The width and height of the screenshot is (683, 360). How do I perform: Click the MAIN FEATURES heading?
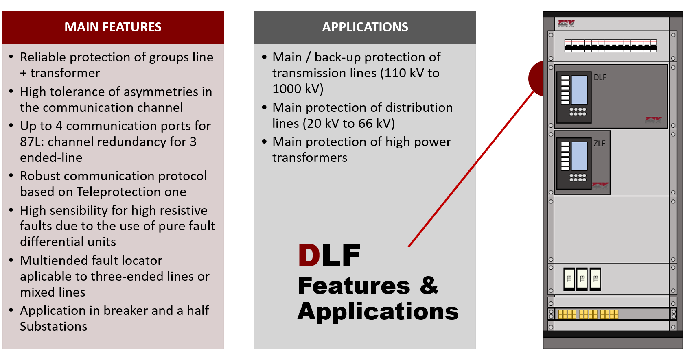113,27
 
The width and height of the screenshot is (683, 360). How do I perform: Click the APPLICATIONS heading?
365,27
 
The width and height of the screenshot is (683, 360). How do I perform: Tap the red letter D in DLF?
309,255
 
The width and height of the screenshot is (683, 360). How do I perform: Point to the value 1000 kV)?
298,89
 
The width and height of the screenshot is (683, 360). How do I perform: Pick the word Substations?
54,327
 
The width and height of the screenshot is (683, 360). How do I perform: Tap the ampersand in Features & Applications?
429,285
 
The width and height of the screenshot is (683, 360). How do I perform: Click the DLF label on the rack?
600,77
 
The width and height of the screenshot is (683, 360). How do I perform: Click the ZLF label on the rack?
600,143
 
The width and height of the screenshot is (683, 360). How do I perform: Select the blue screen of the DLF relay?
579,90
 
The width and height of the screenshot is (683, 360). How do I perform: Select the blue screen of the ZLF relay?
579,156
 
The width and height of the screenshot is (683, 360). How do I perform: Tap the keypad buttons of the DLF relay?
578,111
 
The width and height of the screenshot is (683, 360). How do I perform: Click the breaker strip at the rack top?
611,46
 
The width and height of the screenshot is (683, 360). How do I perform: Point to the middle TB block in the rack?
582,279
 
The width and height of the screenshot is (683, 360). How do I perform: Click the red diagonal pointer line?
471,169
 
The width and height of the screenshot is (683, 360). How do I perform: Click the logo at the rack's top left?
566,24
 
